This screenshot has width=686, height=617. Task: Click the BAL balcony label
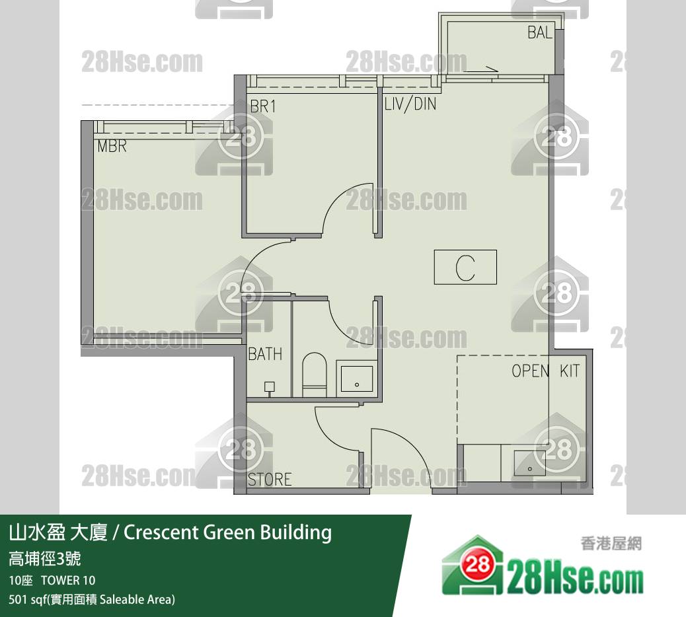540,32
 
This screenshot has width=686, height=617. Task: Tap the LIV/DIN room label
410,104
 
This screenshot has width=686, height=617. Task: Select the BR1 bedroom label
263,106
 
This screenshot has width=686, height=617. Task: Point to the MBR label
112,146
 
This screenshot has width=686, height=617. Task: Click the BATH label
265,354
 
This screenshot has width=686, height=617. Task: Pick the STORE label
270,479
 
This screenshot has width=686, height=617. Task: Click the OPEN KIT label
546,371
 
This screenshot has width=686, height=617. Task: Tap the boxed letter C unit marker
465,267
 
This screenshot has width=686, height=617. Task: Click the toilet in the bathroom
315,375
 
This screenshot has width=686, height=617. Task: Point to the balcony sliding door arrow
481,69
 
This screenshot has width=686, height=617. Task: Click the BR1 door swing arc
344,205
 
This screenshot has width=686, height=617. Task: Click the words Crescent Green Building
227,532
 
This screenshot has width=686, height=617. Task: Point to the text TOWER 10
68,581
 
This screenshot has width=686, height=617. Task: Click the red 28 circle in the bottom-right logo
477,565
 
